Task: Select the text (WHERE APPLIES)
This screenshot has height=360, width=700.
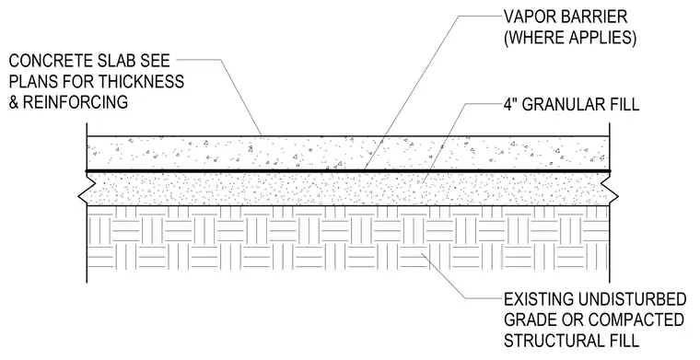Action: coord(570,38)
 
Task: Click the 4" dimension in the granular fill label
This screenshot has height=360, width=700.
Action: coord(510,104)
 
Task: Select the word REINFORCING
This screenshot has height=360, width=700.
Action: coord(76,102)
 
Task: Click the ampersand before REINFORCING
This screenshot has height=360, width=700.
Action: coord(15,102)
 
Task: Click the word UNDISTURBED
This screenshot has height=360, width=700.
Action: coord(632,299)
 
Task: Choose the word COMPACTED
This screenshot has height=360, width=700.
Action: coord(636,319)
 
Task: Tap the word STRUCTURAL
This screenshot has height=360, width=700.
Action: coord(553,341)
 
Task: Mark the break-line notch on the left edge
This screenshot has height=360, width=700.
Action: coord(82,195)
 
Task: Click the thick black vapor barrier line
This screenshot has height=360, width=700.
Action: coord(348,171)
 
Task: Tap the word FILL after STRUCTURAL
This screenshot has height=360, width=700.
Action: coord(623,341)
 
